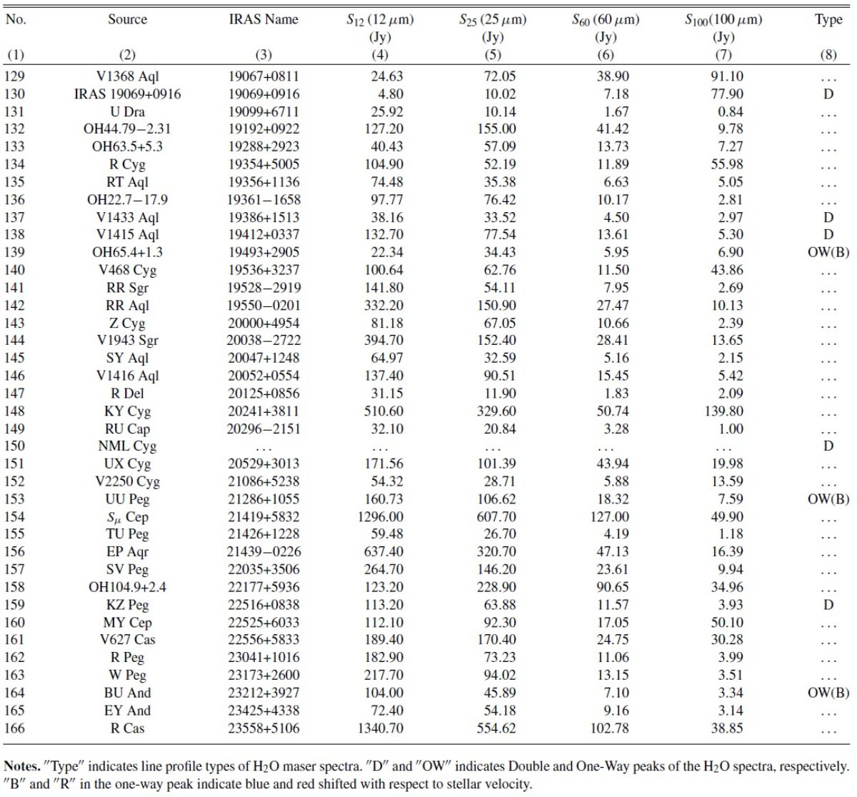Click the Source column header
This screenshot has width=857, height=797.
click(x=127, y=19)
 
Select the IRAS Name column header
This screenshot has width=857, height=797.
click(x=264, y=19)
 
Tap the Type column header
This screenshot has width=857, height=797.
click(x=828, y=20)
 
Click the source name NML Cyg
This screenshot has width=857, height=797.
click(x=127, y=446)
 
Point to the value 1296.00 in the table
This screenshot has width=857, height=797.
click(x=380, y=516)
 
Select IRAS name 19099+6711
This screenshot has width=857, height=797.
click(x=264, y=111)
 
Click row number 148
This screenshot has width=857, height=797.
click(x=14, y=411)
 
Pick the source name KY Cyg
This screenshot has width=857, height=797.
click(x=127, y=411)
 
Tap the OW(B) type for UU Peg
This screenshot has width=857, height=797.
click(x=828, y=499)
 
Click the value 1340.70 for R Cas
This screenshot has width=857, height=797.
click(x=380, y=728)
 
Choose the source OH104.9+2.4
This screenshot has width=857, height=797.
click(x=127, y=587)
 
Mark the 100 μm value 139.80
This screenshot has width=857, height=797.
click(x=723, y=411)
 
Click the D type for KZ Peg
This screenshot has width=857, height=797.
click(x=828, y=605)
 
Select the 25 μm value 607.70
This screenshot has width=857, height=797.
click(x=496, y=516)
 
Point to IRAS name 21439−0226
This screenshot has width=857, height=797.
click(x=264, y=551)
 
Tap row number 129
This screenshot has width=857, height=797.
click(x=14, y=76)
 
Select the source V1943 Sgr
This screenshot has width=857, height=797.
click(x=127, y=341)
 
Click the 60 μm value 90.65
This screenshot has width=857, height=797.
click(x=613, y=587)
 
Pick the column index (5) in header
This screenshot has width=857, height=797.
click(x=493, y=55)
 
